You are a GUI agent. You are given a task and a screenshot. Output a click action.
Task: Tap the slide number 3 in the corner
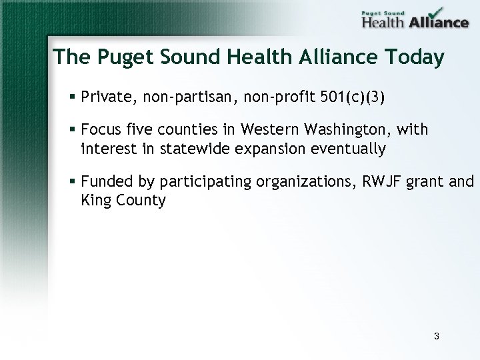pos(436,336)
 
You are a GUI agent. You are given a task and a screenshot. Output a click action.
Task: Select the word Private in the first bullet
pos(105,98)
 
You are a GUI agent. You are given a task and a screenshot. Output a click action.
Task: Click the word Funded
pos(105,181)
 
